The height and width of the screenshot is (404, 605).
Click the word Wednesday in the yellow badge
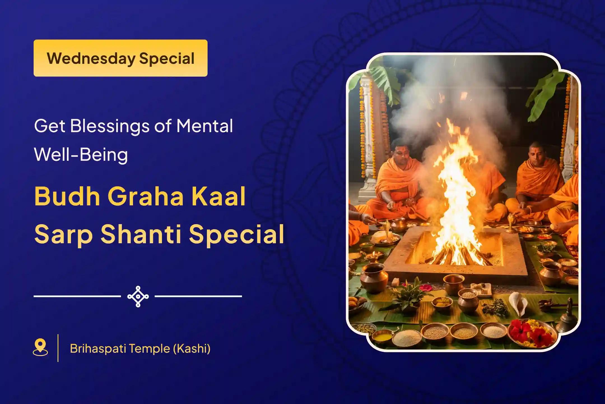91,58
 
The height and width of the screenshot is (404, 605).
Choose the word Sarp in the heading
64,234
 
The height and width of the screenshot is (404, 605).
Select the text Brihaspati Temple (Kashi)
140,348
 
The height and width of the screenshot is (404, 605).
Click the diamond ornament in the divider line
138,296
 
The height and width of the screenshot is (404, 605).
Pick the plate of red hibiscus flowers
532,333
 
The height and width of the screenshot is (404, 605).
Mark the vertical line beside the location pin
58,348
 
